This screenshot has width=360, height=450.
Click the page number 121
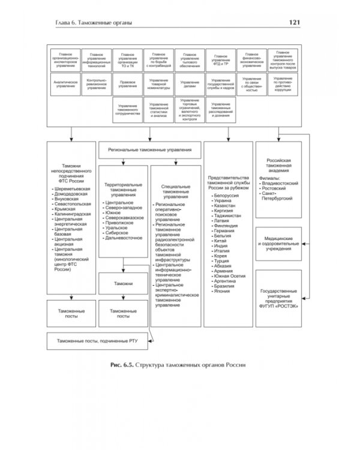pos(295,23)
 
